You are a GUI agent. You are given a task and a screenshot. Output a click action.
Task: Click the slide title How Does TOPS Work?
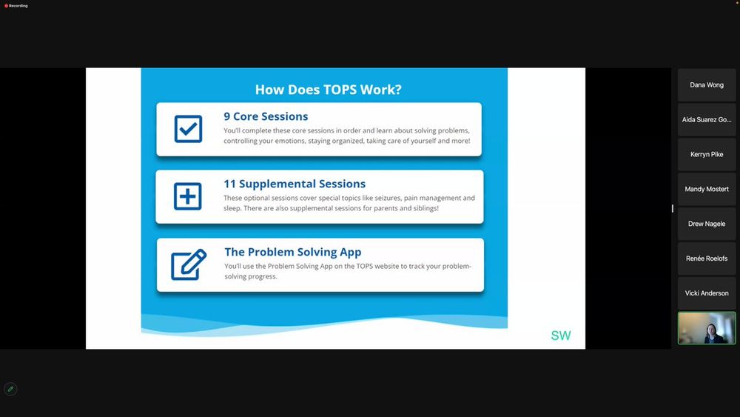click(328, 90)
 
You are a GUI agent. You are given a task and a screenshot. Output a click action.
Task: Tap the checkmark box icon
click(188, 128)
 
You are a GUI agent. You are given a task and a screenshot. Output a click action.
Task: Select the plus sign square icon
click(188, 196)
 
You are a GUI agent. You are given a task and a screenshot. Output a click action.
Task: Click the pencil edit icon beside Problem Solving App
click(188, 264)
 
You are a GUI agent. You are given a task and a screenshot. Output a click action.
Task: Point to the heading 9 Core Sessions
click(266, 116)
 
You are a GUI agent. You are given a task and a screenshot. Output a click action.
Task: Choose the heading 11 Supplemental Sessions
click(295, 184)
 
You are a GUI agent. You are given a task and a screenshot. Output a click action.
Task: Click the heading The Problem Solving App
click(292, 252)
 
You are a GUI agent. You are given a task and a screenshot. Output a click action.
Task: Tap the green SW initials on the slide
click(561, 336)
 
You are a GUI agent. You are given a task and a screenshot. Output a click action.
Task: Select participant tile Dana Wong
click(707, 85)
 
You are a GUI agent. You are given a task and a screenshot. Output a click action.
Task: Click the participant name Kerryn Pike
click(707, 154)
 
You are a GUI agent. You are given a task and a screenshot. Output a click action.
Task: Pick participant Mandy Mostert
click(707, 189)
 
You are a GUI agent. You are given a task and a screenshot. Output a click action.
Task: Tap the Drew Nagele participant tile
click(707, 224)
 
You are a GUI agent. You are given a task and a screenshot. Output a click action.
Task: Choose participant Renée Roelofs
click(707, 258)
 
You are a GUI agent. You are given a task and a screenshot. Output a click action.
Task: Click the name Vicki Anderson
click(707, 293)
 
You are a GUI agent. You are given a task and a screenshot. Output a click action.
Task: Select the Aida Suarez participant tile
click(707, 119)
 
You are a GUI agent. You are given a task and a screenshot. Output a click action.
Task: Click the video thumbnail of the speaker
click(707, 327)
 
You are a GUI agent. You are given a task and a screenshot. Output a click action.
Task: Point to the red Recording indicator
click(16, 6)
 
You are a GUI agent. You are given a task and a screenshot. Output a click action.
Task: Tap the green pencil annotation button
click(10, 389)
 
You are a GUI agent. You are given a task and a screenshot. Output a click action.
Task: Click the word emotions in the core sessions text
click(290, 141)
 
